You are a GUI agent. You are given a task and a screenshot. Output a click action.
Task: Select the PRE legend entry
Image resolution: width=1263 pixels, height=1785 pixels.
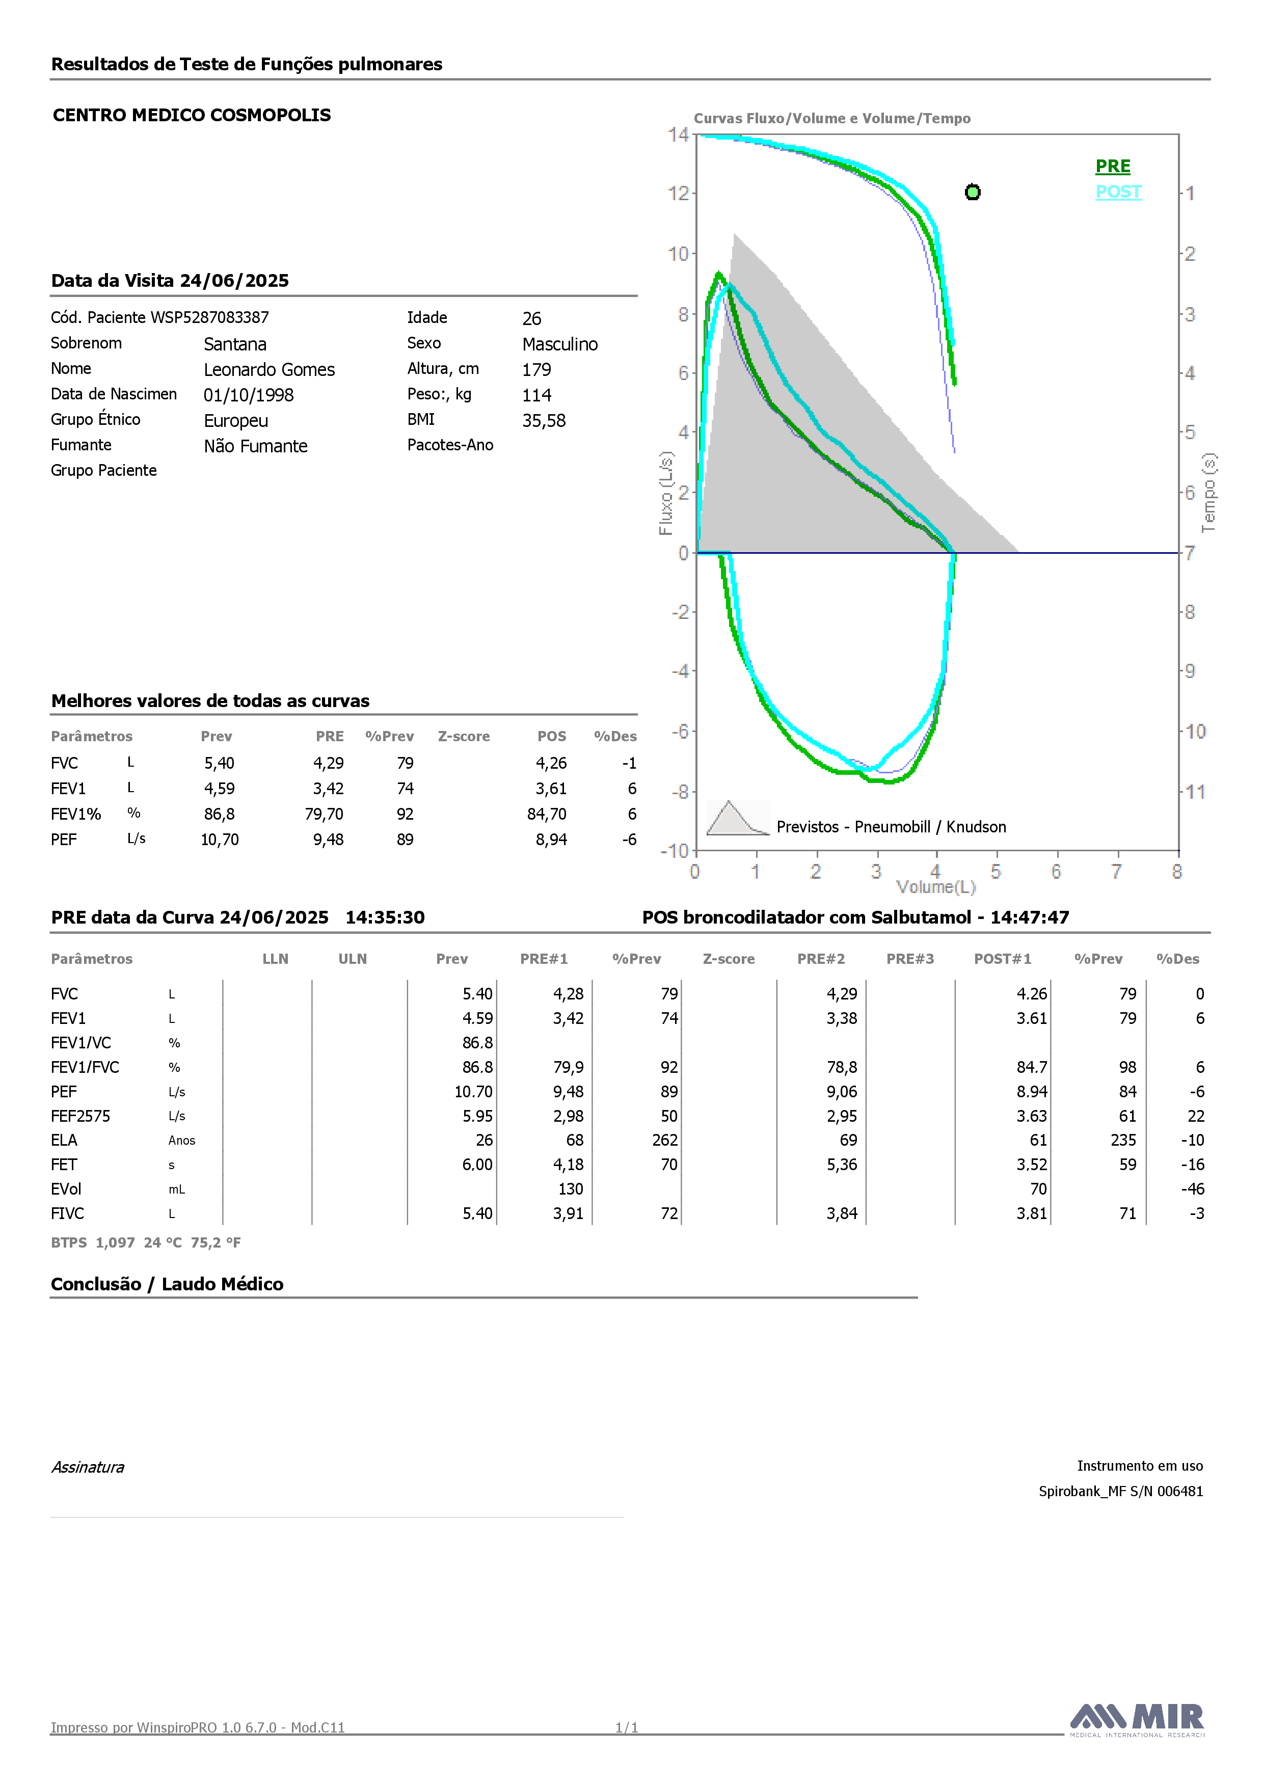pyautogui.click(x=1112, y=167)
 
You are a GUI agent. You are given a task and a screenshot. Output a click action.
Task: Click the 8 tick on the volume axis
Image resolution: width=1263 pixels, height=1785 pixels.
pyautogui.click(x=1177, y=872)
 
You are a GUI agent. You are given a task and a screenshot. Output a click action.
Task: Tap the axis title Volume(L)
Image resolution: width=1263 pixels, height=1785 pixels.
pyautogui.click(x=935, y=887)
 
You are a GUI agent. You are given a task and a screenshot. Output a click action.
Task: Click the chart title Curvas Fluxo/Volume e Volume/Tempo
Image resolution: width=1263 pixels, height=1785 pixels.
pyautogui.click(x=832, y=118)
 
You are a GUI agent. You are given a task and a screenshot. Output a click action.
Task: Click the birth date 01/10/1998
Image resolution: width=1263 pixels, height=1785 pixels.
pyautogui.click(x=249, y=395)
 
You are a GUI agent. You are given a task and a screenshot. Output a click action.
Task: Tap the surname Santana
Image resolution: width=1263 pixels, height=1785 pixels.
pyautogui.click(x=235, y=344)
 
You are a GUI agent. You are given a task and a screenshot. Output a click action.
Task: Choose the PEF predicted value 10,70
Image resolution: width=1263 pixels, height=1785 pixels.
pyautogui.click(x=220, y=840)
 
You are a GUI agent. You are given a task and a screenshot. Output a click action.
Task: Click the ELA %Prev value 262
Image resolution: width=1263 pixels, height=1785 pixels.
pyautogui.click(x=665, y=1141)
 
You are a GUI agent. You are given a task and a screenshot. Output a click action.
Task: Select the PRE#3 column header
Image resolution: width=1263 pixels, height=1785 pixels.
pyautogui.click(x=910, y=959)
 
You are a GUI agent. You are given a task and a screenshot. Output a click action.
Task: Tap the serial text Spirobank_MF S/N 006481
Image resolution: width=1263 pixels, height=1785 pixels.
pyautogui.click(x=1121, y=1491)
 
